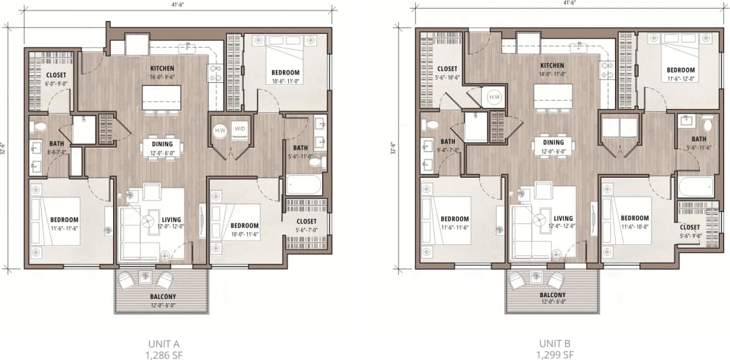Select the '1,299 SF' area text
coord(556,355)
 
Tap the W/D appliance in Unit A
coord(240,129)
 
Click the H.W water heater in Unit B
coord(493,98)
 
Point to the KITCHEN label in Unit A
coord(161,67)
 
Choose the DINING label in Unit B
coord(553,142)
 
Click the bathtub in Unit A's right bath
coord(305,184)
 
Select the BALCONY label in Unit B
coord(553,295)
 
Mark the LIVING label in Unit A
coord(172,220)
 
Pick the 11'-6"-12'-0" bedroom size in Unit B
coord(680,79)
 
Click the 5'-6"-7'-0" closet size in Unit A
coord(306,230)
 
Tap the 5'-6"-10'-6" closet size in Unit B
coord(448,77)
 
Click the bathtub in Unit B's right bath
coord(696,187)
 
